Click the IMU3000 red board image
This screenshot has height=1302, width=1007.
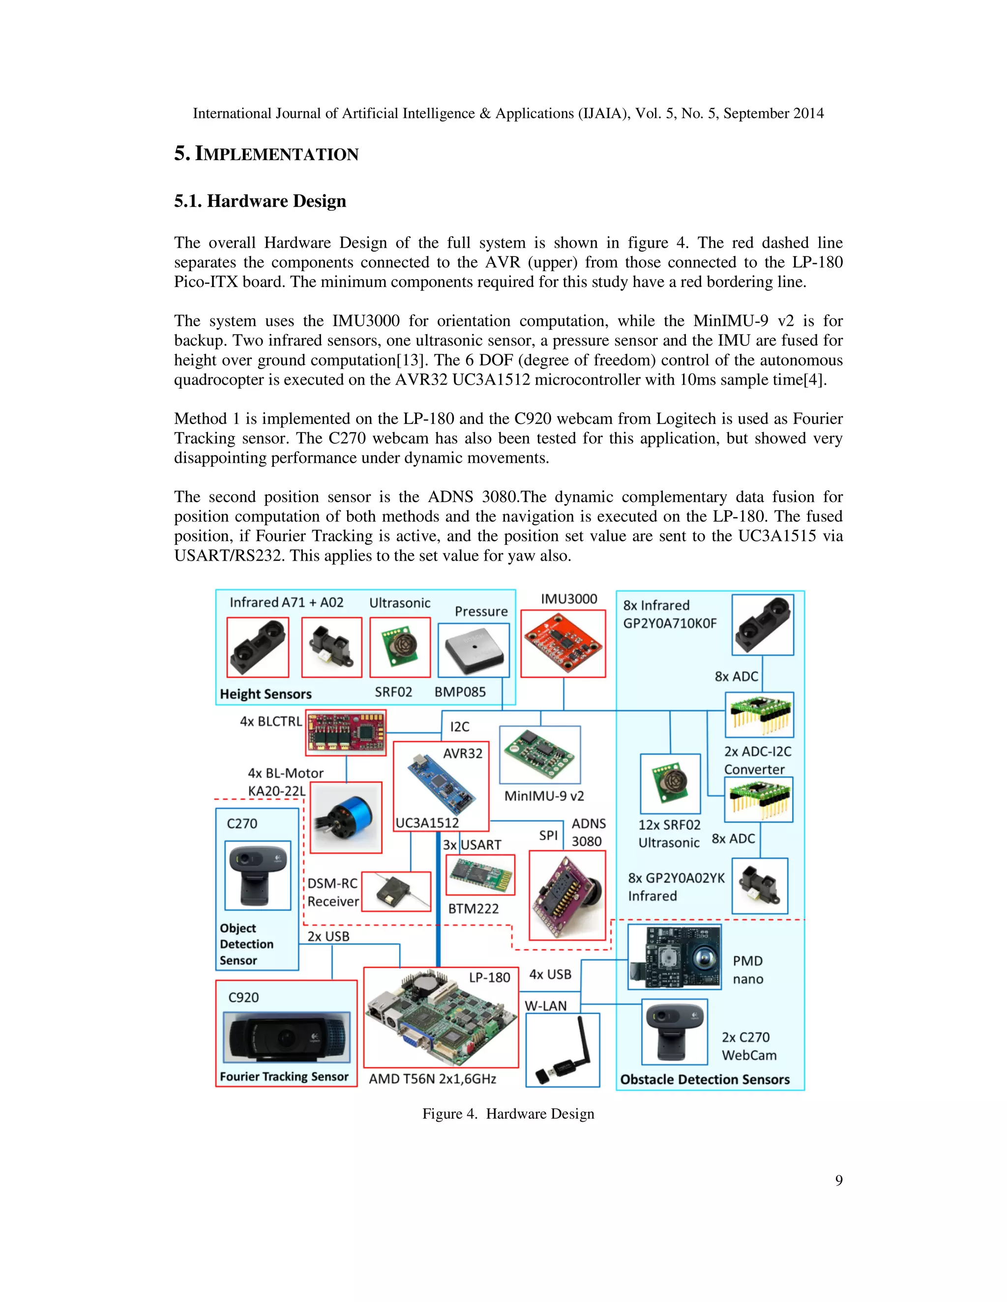click(x=563, y=644)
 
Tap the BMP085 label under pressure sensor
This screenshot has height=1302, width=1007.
click(x=460, y=692)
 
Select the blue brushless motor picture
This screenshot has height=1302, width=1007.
click(x=346, y=818)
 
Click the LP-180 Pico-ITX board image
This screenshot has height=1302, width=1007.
click(x=440, y=1018)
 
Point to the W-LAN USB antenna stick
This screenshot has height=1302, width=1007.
click(x=563, y=1050)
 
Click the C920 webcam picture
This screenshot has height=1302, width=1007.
click(x=286, y=1037)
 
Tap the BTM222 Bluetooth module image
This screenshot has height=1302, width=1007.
click(x=480, y=875)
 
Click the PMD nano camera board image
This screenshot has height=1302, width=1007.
click(x=674, y=957)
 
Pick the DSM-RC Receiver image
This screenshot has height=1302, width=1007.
click(x=396, y=892)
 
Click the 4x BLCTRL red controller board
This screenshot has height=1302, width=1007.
click(x=345, y=732)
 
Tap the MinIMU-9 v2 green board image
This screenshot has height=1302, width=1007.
click(x=540, y=754)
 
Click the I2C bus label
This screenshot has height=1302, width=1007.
click(x=459, y=727)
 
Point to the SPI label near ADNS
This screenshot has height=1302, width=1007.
click(x=548, y=835)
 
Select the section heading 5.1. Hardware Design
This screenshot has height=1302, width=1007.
click(x=260, y=201)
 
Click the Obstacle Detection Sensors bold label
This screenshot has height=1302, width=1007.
click(x=705, y=1079)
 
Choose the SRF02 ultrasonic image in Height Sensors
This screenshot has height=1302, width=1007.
click(x=400, y=648)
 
